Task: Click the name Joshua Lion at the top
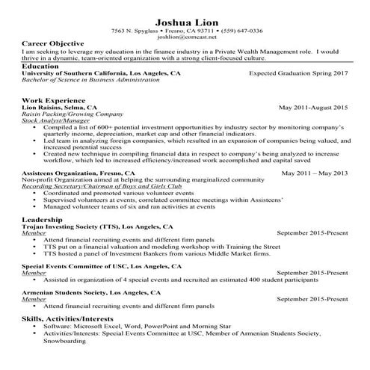185,20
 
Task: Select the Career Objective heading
52,44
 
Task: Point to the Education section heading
42,67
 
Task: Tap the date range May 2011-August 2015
313,108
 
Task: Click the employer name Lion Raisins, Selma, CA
60,108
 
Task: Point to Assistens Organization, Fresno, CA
78,173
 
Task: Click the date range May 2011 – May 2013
314,173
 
